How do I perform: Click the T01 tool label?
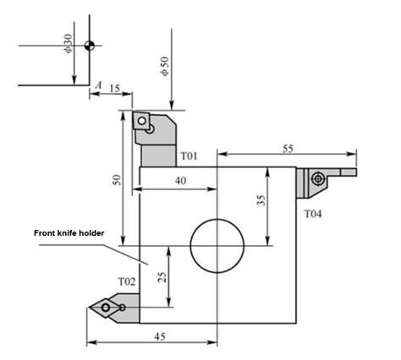[x=188, y=156]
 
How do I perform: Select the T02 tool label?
[x=126, y=281]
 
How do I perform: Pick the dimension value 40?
[x=180, y=180]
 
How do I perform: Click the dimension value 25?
[x=162, y=275]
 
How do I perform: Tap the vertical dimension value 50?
[x=118, y=180]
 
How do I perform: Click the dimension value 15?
[x=115, y=86]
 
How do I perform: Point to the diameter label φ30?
[x=68, y=44]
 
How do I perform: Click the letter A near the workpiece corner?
[x=99, y=86]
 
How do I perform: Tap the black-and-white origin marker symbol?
[x=90, y=45]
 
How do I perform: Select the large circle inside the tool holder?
[x=217, y=246]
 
